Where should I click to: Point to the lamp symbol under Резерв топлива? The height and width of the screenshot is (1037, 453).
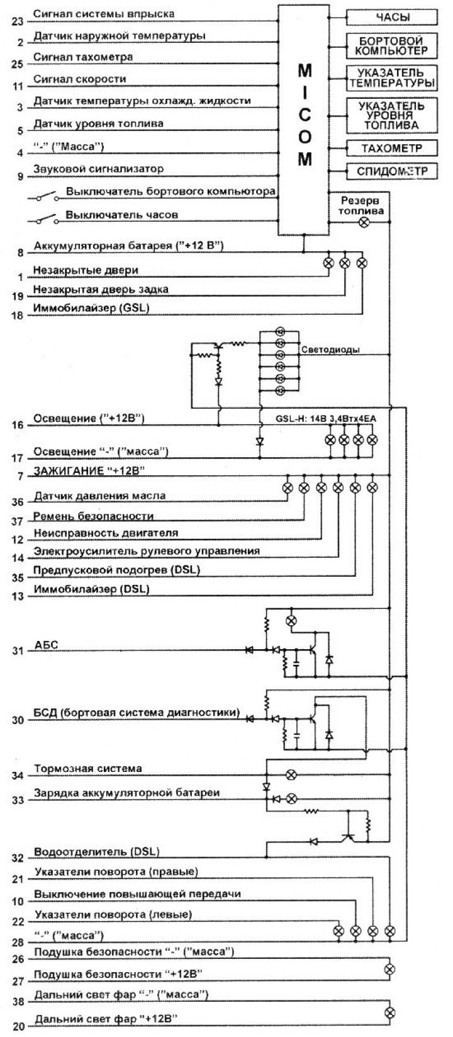[362, 222]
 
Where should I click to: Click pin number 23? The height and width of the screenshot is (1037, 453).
[18, 21]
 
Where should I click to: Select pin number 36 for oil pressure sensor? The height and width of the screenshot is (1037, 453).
[18, 502]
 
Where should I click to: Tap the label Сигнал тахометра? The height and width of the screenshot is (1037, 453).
[83, 57]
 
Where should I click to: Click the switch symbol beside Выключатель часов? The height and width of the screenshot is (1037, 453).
[42, 219]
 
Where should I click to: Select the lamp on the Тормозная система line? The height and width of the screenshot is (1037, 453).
[291, 774]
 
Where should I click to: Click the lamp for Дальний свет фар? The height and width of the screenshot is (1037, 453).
[389, 1012]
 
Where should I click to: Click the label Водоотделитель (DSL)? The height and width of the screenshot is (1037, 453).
[97, 852]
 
